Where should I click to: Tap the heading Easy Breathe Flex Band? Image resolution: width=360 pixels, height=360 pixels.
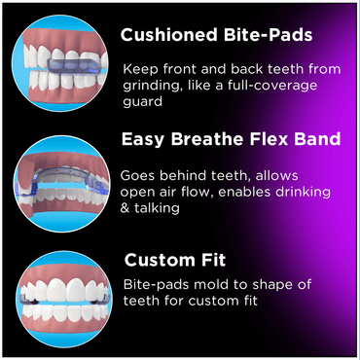coord(231,139)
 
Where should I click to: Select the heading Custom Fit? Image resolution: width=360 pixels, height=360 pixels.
coord(175,260)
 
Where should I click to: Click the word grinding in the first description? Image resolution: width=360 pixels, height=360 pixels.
coord(154,85)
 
